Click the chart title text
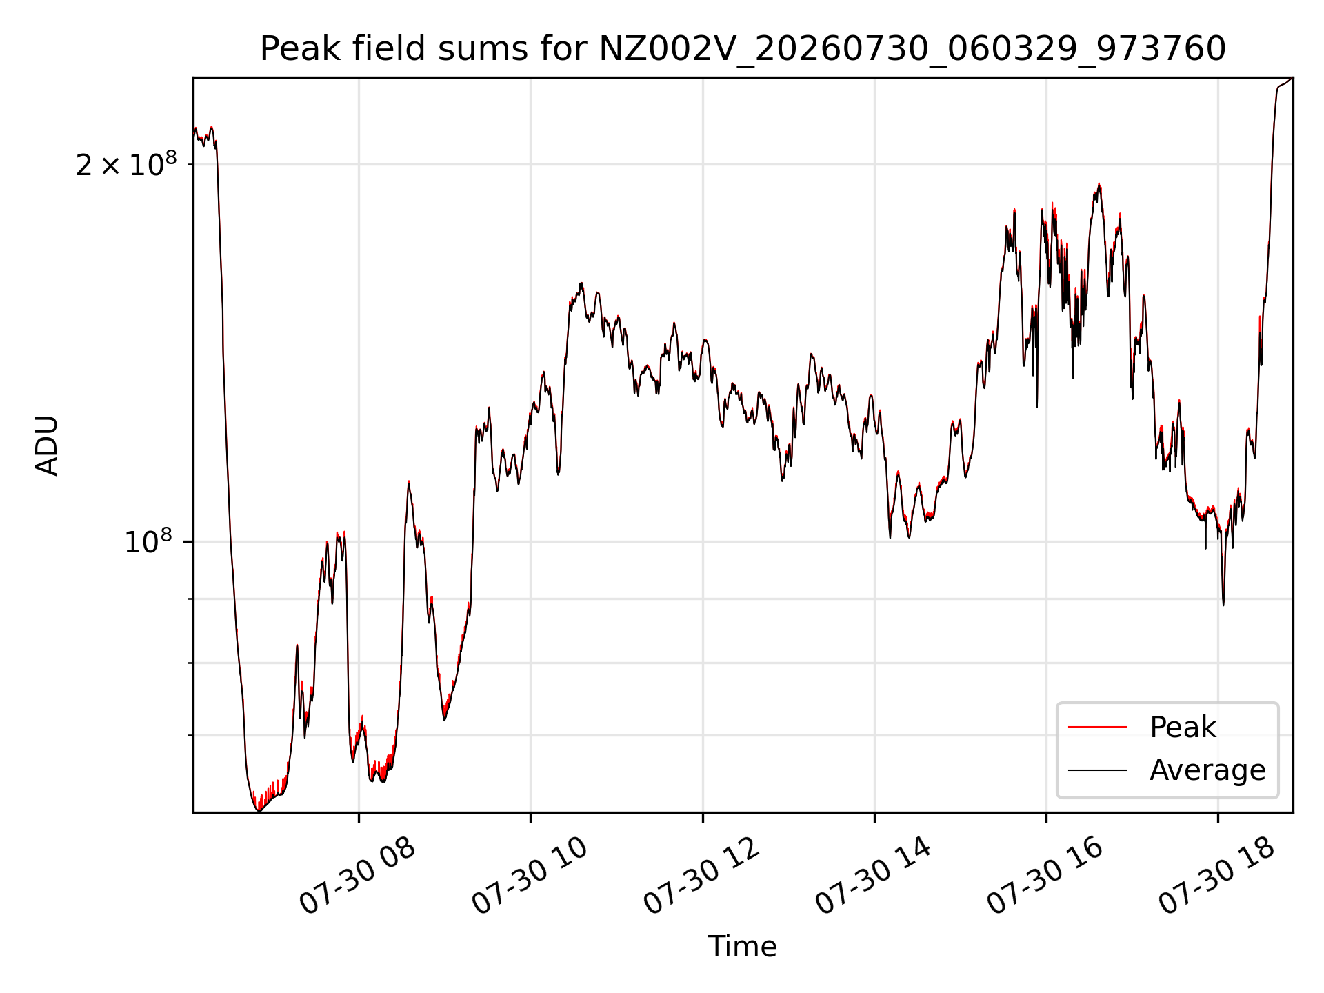[x=743, y=49]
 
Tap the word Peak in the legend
[x=1183, y=728]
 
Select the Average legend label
[x=1207, y=770]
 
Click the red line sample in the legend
[x=1097, y=728]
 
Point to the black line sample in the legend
[x=1097, y=770]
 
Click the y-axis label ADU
[x=47, y=445]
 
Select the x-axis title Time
[x=743, y=947]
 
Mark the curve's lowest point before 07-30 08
[x=259, y=811]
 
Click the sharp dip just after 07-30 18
[x=1223, y=605]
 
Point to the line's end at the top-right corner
[x=1292, y=78]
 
